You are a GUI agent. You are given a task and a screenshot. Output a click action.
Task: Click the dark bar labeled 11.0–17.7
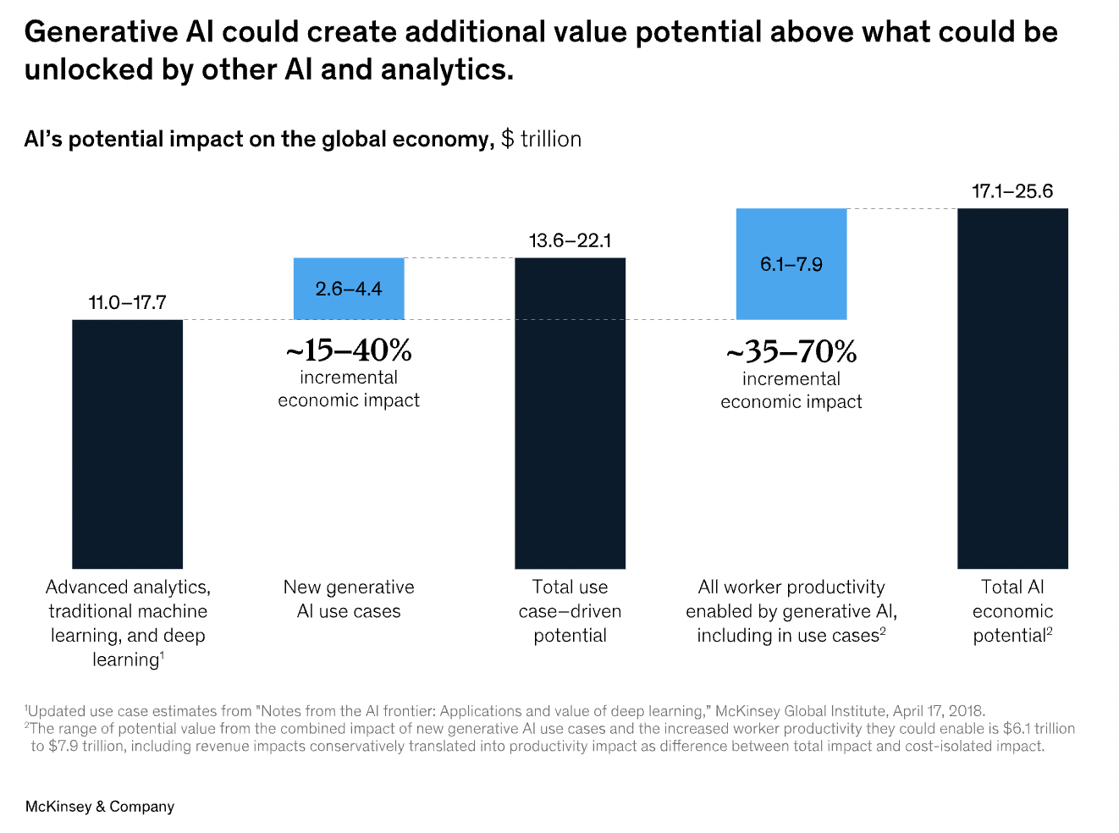pyautogui.click(x=127, y=444)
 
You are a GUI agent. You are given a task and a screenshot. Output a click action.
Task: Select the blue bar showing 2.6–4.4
pyautogui.click(x=349, y=289)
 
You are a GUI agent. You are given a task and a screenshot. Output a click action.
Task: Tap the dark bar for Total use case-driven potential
pyautogui.click(x=570, y=413)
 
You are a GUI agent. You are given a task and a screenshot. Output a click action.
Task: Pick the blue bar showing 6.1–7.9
pyautogui.click(x=791, y=264)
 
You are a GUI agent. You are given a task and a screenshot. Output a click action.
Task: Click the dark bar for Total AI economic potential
pyautogui.click(x=1012, y=389)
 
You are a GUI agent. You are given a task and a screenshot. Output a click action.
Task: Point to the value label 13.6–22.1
pyautogui.click(x=570, y=241)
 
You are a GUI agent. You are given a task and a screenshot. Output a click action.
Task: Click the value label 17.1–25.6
pyautogui.click(x=1012, y=191)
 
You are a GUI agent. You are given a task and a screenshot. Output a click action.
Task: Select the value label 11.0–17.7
pyautogui.click(x=127, y=303)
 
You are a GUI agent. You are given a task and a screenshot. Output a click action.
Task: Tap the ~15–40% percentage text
pyautogui.click(x=349, y=350)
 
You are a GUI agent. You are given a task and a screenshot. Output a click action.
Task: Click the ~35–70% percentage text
pyautogui.click(x=791, y=351)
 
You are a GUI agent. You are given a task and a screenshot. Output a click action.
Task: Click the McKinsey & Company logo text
pyautogui.click(x=100, y=807)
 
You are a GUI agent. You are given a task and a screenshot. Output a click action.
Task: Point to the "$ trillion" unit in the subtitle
pyautogui.click(x=541, y=139)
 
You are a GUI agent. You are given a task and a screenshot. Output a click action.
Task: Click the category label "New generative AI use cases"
pyautogui.click(x=349, y=599)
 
